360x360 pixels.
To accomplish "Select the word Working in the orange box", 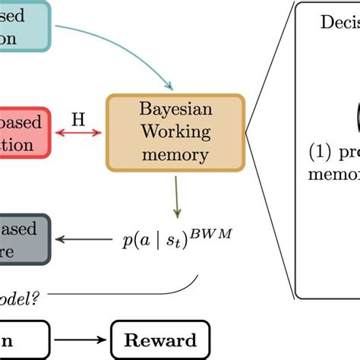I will coord(175,134).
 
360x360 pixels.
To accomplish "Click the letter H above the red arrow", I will coord(78,119).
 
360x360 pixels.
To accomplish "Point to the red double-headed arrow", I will coord(78,134).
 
